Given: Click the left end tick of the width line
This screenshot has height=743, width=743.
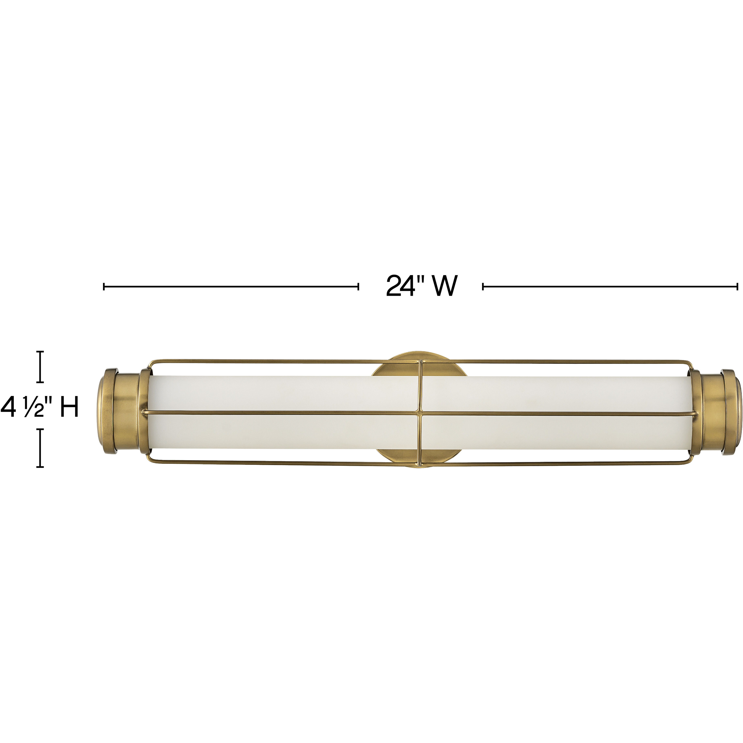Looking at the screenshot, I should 104,286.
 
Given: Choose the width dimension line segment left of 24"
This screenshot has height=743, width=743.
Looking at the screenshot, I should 231,286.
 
